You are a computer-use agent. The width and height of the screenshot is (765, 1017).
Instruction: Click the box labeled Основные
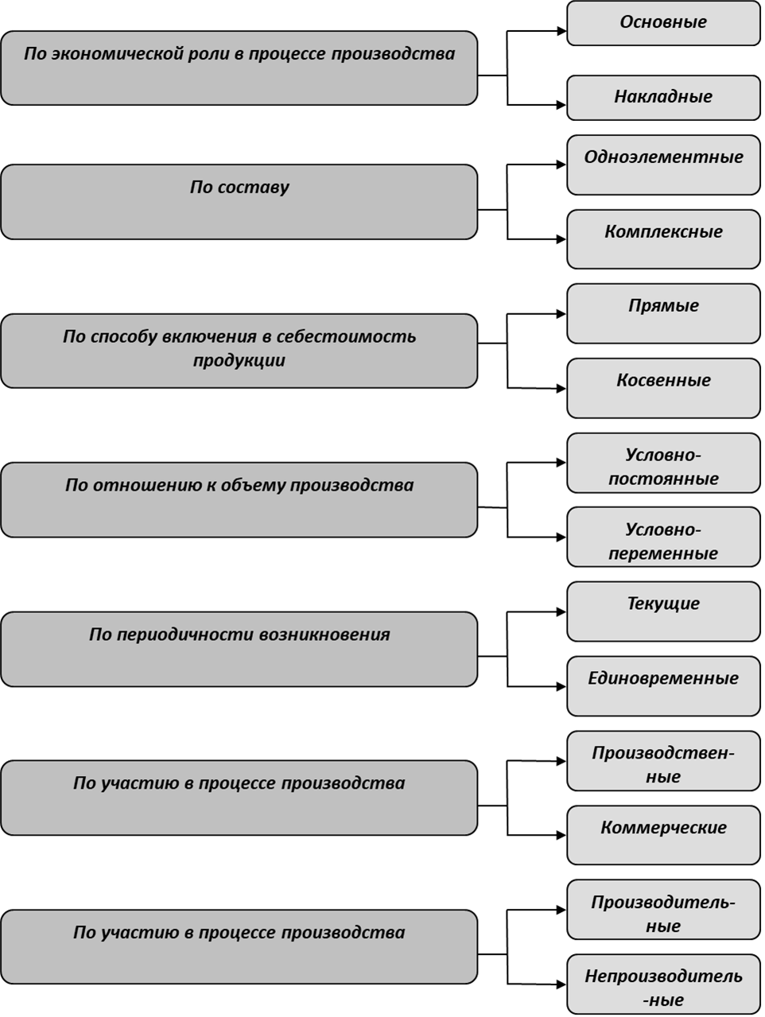pos(663,23)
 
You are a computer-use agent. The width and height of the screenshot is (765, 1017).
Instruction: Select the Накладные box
pos(663,98)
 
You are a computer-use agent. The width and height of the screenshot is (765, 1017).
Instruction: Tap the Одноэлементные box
pos(663,165)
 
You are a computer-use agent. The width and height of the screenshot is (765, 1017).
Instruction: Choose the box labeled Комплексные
pos(663,239)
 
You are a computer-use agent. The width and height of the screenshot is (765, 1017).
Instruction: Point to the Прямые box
pos(663,313)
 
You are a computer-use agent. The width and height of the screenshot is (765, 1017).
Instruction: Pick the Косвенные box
pos(663,388)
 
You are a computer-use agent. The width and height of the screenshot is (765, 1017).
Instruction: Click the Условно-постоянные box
pos(663,463)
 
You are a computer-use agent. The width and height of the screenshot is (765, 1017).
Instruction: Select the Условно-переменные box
pos(663,537)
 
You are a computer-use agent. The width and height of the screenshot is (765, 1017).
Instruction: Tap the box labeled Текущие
pos(663,611)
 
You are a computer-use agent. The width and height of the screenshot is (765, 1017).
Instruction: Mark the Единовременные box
pos(663,686)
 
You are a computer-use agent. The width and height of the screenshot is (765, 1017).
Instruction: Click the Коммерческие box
pos(663,836)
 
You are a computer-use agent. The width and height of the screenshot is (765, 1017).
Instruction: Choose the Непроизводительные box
pos(663,984)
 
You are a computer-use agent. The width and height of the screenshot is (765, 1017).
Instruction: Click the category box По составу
pos(239,202)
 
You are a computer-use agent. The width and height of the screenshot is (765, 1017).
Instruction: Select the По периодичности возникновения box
pos(239,649)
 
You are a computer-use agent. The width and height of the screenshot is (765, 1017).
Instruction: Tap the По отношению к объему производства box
pos(239,500)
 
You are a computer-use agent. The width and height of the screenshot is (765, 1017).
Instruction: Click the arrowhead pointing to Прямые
pos(561,313)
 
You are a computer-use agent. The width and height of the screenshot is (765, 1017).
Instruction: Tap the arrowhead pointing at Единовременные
pos(561,686)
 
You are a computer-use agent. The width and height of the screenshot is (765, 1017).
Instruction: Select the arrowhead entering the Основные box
pos(561,31)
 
